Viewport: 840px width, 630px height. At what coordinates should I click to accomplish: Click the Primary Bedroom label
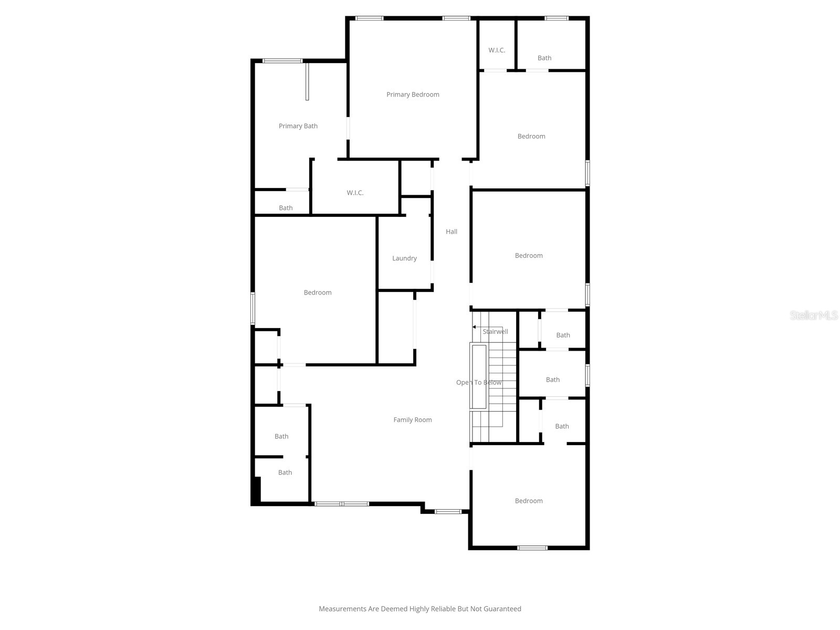click(x=413, y=94)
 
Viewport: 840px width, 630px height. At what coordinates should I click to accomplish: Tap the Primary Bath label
click(x=298, y=126)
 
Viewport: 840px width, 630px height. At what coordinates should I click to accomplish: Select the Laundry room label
click(x=404, y=258)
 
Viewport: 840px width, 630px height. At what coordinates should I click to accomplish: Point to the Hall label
click(x=451, y=232)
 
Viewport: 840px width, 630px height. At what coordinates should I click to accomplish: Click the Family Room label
click(x=413, y=419)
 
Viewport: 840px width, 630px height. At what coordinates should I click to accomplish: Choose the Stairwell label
click(x=496, y=332)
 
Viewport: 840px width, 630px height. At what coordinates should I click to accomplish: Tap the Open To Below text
click(x=479, y=382)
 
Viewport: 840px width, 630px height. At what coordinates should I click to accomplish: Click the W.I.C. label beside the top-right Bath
click(x=497, y=50)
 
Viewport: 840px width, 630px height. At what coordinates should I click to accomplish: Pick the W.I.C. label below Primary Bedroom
click(x=355, y=193)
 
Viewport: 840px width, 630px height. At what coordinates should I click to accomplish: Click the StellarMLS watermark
click(x=814, y=316)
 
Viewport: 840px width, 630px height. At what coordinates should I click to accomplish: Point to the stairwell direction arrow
click(x=475, y=327)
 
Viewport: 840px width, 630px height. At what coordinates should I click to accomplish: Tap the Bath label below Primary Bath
click(x=286, y=208)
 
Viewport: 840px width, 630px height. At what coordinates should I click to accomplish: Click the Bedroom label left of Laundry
click(x=318, y=292)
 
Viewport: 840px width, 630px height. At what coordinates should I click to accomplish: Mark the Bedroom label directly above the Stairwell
click(x=529, y=256)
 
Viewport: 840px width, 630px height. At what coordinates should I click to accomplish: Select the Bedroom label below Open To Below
click(x=529, y=501)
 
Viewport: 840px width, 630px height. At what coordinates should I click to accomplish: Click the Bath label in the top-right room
click(x=544, y=58)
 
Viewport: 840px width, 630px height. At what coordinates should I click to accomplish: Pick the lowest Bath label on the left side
click(x=285, y=472)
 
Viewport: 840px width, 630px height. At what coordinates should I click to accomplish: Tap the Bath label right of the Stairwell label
click(x=563, y=335)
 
